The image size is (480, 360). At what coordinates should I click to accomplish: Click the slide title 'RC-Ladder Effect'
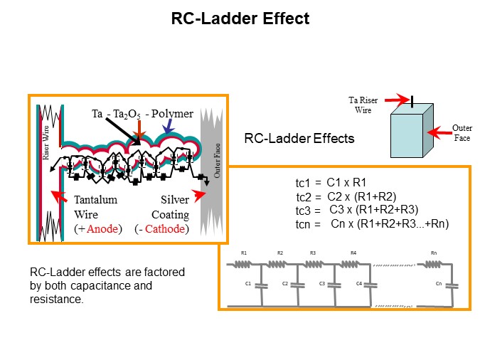tap(240, 19)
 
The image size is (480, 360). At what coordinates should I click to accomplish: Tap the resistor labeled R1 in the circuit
tap(244, 264)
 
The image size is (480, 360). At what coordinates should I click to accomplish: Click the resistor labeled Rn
tap(434, 264)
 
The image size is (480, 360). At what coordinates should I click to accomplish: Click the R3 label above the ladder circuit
tap(313, 253)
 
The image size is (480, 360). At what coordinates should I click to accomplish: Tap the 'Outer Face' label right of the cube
tap(462, 132)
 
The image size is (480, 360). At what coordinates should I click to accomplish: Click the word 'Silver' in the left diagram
tap(175, 201)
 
